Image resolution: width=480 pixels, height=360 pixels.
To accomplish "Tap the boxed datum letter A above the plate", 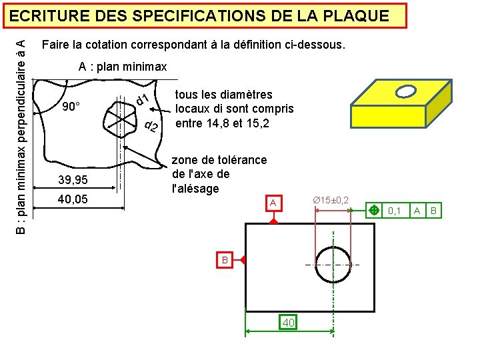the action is click(x=272, y=202).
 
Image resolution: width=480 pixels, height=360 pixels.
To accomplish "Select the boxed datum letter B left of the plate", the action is click(x=225, y=259).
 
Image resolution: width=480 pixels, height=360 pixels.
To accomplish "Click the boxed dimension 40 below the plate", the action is click(x=288, y=323).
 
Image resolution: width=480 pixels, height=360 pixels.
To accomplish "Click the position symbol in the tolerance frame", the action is click(x=374, y=211).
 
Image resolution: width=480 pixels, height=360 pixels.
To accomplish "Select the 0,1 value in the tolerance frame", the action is click(x=395, y=211).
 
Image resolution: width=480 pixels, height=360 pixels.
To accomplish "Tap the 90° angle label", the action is click(x=71, y=107).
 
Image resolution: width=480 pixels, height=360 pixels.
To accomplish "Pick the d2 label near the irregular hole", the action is click(x=151, y=127).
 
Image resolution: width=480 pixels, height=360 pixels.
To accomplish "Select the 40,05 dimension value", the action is click(x=72, y=199).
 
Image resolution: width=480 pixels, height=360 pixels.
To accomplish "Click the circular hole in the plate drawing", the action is click(x=333, y=265).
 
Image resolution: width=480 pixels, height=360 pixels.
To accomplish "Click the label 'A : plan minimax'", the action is click(x=123, y=67).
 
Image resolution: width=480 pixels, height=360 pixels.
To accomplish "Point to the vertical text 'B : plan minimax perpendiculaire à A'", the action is click(x=21, y=137).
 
